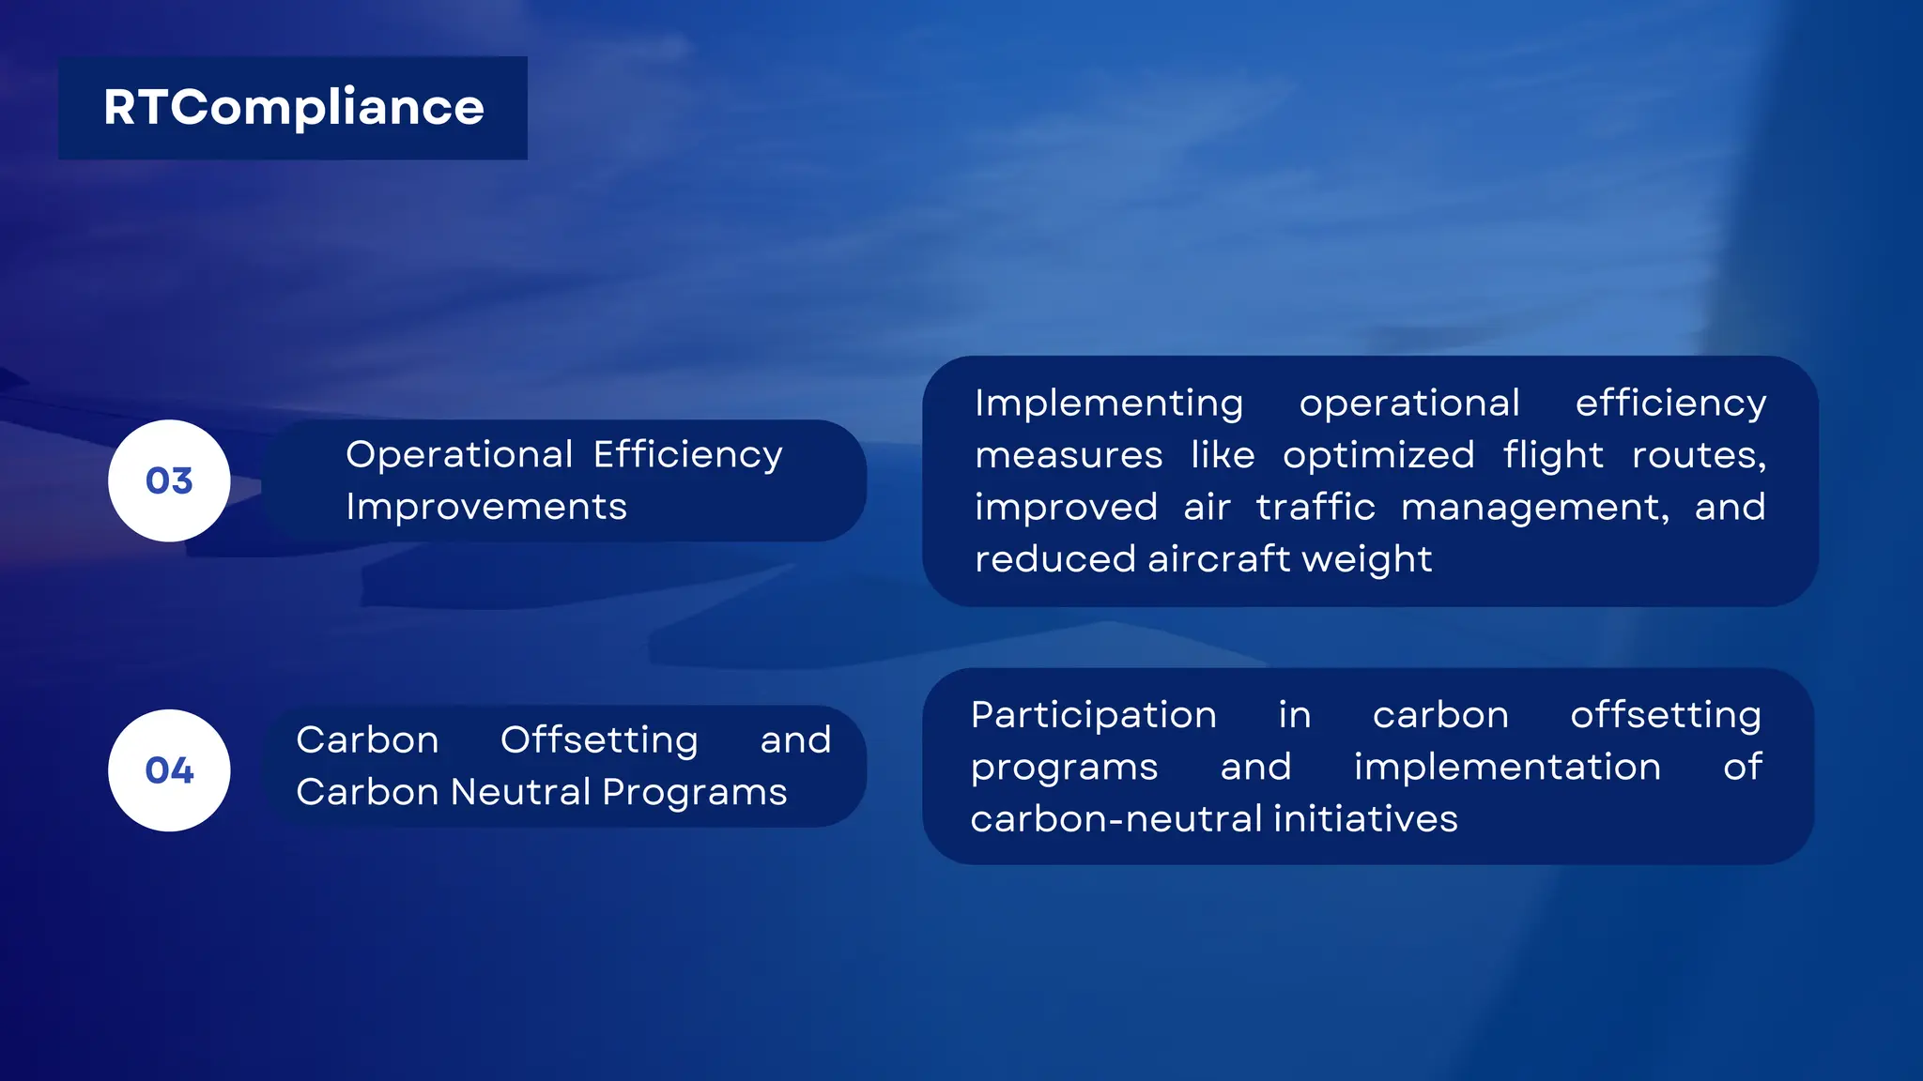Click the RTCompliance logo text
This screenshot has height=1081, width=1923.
coord(293,108)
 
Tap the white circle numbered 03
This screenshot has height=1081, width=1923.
coord(169,480)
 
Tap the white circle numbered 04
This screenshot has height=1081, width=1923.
coord(169,770)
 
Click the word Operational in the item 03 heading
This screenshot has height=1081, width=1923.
coord(459,455)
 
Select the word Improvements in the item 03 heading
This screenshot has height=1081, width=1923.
coord(485,508)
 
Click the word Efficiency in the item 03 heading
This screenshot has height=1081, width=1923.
coord(687,455)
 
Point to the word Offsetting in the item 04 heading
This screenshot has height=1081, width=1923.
coord(599,740)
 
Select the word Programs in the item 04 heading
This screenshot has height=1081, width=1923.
coord(694,793)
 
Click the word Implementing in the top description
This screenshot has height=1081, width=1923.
coord(1109,403)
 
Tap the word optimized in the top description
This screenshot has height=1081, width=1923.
coord(1378,456)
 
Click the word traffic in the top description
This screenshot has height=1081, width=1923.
coord(1315,508)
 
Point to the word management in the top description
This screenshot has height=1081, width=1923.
coord(1534,508)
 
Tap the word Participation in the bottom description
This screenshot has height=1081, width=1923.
coord(1094,715)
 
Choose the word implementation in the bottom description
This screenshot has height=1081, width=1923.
coord(1507,768)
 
